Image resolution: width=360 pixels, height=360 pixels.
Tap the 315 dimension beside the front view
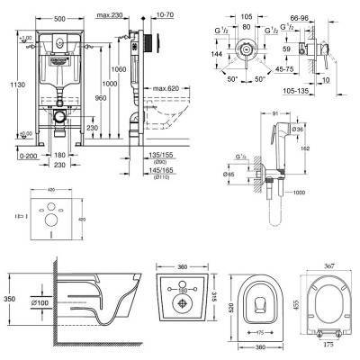pos(211,293)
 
